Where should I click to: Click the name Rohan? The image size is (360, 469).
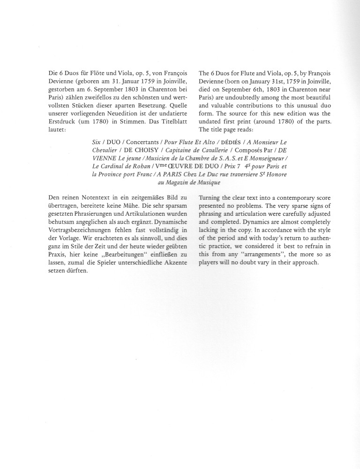(139, 166)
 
